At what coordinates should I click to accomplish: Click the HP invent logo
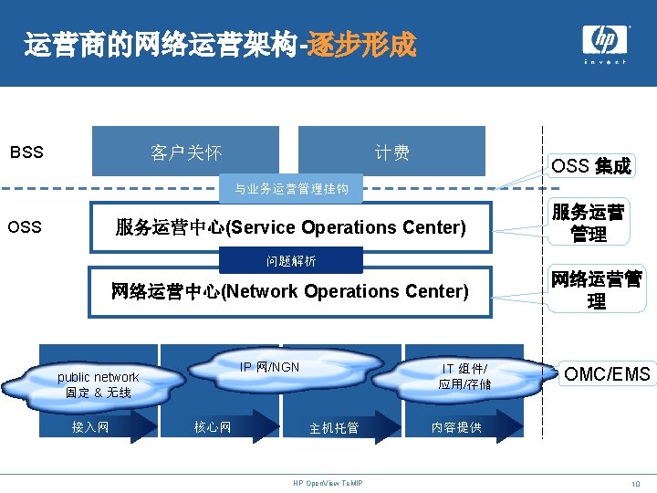[x=605, y=43]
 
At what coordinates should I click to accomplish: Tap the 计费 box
[x=392, y=152]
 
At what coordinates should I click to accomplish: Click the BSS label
[x=26, y=152]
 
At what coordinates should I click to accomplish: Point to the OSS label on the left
[x=25, y=226]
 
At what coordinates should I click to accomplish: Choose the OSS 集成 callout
[x=590, y=166]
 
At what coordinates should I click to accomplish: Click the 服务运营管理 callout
[x=589, y=224]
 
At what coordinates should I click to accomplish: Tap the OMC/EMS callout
[x=607, y=373]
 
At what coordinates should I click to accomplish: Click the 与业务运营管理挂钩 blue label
[x=291, y=189]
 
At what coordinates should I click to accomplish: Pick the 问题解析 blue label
[x=291, y=261]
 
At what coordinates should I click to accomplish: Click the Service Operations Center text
[x=290, y=226]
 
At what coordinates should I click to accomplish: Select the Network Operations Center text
[x=289, y=291]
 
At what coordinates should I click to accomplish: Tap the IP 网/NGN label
[x=269, y=367]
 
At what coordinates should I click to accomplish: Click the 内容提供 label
[x=455, y=427]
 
